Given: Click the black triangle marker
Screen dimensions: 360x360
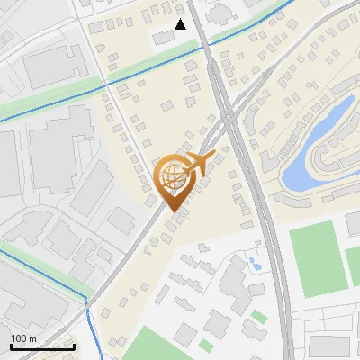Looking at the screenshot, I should click(x=181, y=24).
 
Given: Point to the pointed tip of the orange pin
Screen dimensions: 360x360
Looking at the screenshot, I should click(x=173, y=212).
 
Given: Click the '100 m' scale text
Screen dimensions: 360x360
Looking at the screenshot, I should click(x=24, y=337).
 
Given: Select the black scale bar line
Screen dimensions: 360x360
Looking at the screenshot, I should click(x=42, y=346).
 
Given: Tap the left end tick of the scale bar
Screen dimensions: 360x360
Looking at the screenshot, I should click(x=11, y=345).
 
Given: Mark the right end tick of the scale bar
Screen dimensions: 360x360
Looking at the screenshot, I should click(x=74, y=345).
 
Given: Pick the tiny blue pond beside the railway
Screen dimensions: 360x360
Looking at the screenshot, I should click(x=255, y=264).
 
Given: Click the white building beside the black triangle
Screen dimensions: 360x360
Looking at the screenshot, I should click(x=163, y=37).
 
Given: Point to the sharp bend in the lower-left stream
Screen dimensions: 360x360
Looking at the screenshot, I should click(x=86, y=296).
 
